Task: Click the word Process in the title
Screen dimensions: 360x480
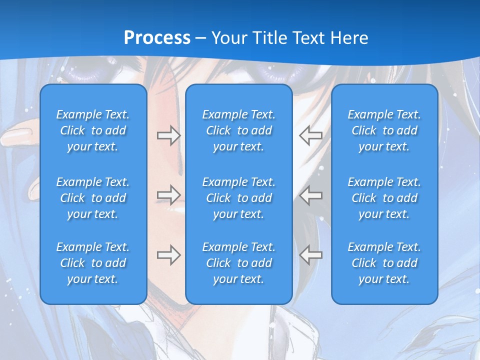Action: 157,38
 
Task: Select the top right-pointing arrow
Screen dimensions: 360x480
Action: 168,135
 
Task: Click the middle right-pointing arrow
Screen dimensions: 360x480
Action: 168,195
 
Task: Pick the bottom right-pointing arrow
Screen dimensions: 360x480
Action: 168,255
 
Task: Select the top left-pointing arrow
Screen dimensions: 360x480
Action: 310,135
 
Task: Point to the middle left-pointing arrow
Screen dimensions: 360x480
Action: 310,195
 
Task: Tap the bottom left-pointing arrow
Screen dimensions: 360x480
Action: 310,255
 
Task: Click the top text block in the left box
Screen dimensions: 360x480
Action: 93,130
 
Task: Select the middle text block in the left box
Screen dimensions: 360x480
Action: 93,198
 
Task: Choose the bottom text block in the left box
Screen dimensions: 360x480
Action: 93,263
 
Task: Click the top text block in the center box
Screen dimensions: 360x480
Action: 239,130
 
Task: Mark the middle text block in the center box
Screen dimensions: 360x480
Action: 239,198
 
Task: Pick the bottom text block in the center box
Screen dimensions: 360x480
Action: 239,263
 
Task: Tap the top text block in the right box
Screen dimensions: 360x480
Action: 384,130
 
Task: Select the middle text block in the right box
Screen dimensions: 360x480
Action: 384,198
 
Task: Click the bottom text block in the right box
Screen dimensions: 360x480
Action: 384,263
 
